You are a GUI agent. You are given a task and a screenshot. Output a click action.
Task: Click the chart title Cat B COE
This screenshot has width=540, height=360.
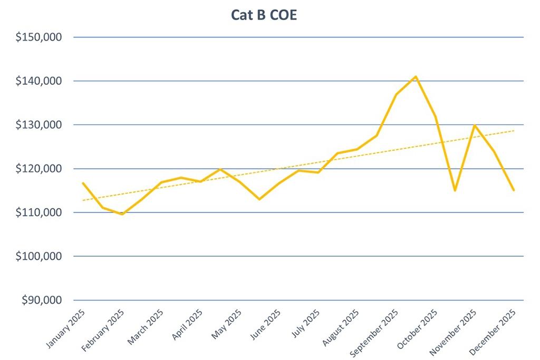tap(264, 15)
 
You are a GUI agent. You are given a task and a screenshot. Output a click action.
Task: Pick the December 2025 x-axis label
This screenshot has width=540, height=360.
tap(494, 330)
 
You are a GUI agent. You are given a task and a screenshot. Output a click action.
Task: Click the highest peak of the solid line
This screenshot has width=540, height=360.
tap(416, 76)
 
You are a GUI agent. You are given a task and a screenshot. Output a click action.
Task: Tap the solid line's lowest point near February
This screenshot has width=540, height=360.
tap(122, 214)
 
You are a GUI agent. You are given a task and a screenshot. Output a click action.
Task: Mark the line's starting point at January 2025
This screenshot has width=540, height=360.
tap(83, 183)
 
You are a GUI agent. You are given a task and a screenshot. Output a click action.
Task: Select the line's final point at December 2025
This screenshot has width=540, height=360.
tap(514, 190)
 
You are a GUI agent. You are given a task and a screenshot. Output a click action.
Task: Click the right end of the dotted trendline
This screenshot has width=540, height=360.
tap(514, 130)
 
